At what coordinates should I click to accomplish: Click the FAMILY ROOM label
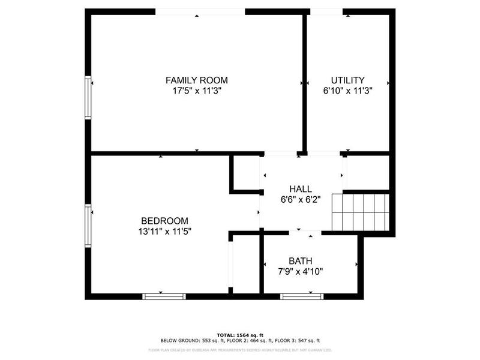[197, 80]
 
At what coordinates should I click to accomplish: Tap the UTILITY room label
[348, 80]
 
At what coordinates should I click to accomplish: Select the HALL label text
[301, 189]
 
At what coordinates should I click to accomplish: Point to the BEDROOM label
[164, 220]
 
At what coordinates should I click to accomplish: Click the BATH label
[301, 261]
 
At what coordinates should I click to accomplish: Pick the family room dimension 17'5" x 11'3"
[197, 91]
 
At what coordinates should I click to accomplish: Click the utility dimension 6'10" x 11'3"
[348, 91]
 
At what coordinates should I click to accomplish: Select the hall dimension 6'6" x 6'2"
[301, 200]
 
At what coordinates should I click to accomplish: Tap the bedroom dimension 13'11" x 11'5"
[164, 231]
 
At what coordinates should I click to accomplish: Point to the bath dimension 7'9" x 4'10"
[301, 271]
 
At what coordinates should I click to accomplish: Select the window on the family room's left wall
[88, 97]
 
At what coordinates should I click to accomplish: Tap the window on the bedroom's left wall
[88, 226]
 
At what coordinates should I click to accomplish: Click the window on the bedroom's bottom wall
[164, 295]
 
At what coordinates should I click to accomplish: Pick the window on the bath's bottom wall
[302, 295]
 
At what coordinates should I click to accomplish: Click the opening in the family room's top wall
[200, 11]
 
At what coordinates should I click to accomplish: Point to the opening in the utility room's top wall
[326, 11]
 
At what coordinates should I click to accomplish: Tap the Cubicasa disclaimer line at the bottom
[240, 349]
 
